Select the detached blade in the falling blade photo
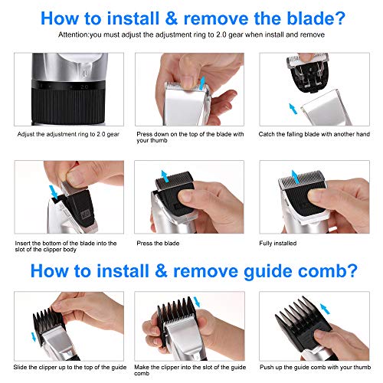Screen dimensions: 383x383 coord(309,72)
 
